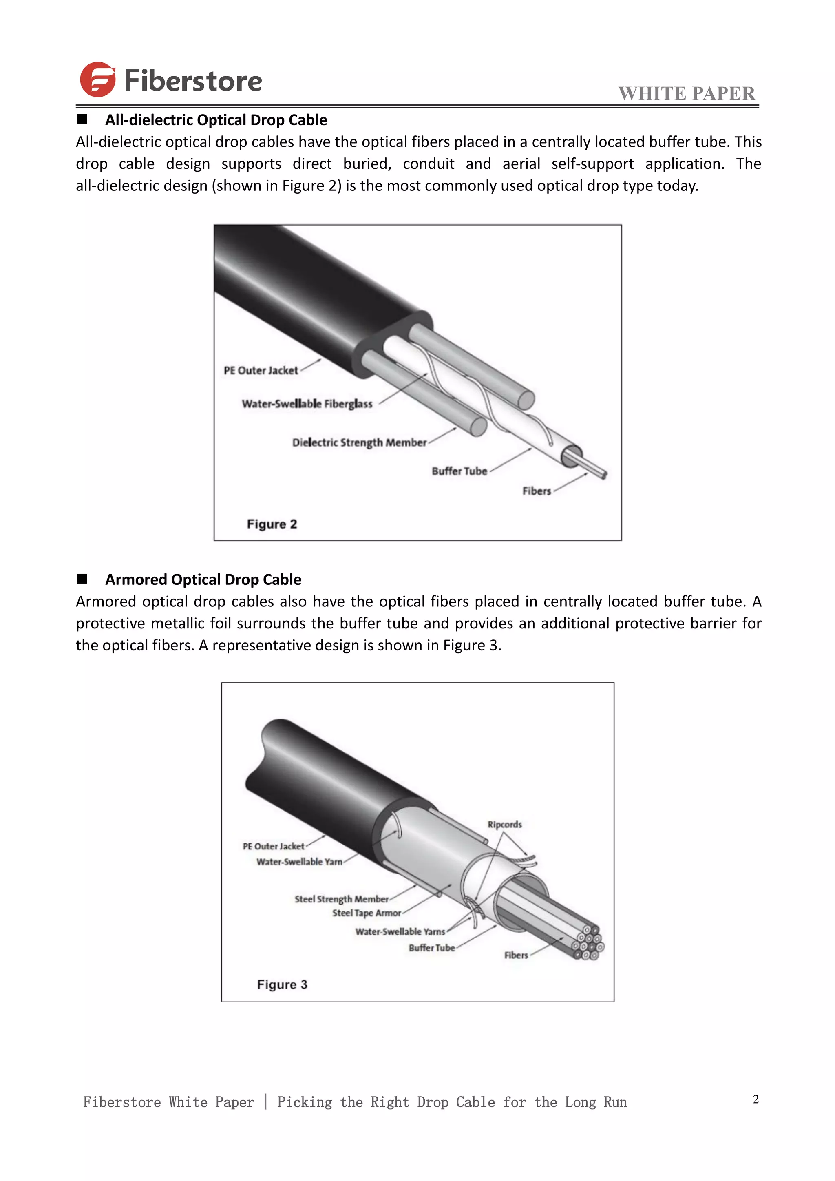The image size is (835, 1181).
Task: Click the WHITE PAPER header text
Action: coord(687,94)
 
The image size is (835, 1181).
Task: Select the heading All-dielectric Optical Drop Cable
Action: coord(216,120)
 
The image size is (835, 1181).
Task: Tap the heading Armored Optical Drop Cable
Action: coord(203,580)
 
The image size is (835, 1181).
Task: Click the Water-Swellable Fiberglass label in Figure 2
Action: coord(307,404)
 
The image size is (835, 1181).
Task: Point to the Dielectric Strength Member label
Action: coord(359,442)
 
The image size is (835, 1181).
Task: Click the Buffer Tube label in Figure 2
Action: coord(459,471)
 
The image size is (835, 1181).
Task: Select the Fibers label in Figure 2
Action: coord(536,491)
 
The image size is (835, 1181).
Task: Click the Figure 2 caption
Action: coord(272,524)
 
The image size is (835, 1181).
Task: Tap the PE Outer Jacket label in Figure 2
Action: coord(261,370)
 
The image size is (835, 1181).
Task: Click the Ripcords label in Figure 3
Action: coord(504,825)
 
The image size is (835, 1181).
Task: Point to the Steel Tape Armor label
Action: coord(366,913)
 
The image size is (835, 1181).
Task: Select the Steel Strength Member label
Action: coord(341,899)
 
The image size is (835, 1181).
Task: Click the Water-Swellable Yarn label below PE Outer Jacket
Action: coord(299,862)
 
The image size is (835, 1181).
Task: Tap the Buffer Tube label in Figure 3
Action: coord(431,948)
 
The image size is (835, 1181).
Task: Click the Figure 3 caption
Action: coord(282,984)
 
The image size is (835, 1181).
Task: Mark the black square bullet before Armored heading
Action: coord(82,579)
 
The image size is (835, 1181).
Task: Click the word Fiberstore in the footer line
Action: coord(122,1102)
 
